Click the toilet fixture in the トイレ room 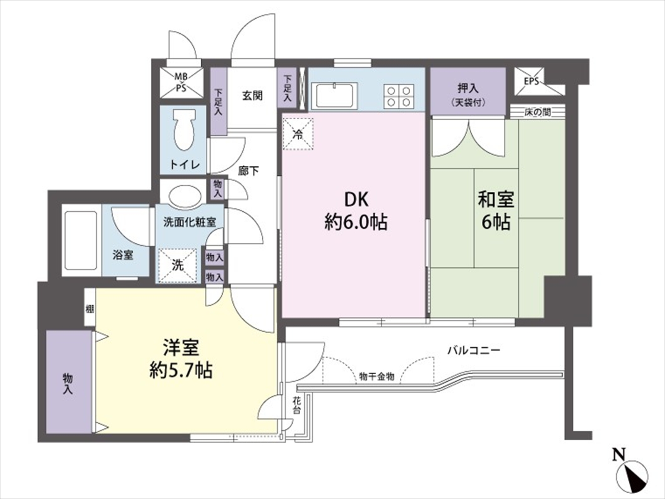(x=184, y=129)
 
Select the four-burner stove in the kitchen (x=399, y=96)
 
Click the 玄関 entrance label (x=252, y=96)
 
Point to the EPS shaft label (x=532, y=81)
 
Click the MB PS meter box (x=182, y=83)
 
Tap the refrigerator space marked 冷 (x=298, y=133)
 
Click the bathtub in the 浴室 (x=81, y=240)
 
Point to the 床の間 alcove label (x=538, y=112)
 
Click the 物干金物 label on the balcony (x=377, y=377)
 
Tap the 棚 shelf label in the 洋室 (x=90, y=309)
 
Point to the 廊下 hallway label (x=249, y=171)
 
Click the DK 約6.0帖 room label (x=356, y=212)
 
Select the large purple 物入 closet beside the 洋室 (x=69, y=382)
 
